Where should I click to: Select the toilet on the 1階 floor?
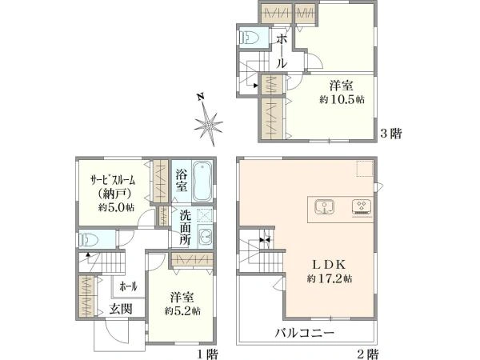[90, 238]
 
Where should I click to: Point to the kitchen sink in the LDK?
[326, 206]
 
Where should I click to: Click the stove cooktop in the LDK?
[362, 206]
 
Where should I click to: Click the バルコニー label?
[305, 331]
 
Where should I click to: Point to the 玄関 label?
[120, 309]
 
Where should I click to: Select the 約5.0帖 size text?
[117, 207]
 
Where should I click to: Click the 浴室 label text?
[182, 180]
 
